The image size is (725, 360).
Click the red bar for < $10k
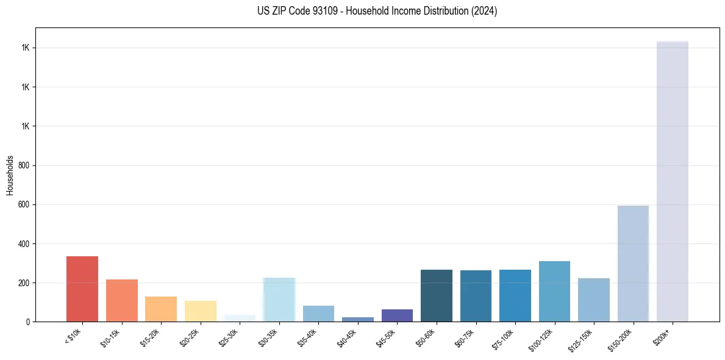82,289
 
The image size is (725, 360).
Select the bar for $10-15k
122,301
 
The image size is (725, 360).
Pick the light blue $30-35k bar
279,300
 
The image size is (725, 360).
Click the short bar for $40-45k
358,319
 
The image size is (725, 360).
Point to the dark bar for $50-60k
437,296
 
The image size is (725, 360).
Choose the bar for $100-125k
554,292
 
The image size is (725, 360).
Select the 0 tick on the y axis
28,322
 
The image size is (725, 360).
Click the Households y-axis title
10,175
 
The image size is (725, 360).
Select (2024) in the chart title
485,11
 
